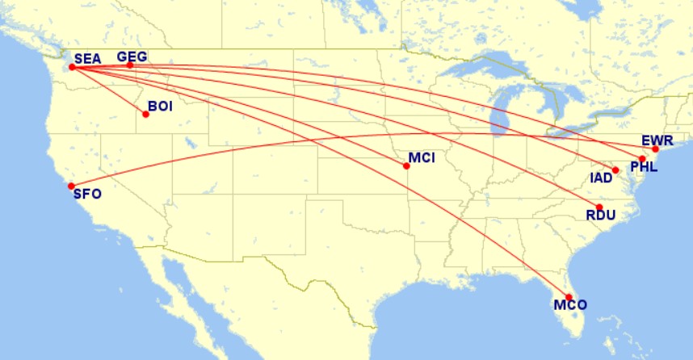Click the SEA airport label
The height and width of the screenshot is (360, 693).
click(x=87, y=58)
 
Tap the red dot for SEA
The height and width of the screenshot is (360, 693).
click(x=72, y=67)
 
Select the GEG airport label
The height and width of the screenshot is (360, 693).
click(x=132, y=57)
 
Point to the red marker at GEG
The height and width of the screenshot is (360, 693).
click(x=130, y=65)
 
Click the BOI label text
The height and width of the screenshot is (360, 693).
click(x=160, y=106)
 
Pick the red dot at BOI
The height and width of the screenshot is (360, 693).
click(x=146, y=114)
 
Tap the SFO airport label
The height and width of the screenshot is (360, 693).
click(x=87, y=194)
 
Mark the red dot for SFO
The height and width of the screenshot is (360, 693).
click(x=71, y=186)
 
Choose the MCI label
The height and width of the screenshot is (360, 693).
click(x=422, y=157)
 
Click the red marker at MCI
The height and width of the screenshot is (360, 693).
click(x=406, y=166)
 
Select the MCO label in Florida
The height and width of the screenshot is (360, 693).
click(x=570, y=305)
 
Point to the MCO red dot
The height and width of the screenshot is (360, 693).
click(x=569, y=297)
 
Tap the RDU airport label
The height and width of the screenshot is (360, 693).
click(x=601, y=215)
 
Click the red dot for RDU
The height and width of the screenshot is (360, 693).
click(x=599, y=207)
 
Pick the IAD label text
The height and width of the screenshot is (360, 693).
click(x=601, y=178)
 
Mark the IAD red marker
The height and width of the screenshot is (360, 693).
click(x=615, y=170)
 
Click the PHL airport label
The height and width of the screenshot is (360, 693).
click(x=645, y=168)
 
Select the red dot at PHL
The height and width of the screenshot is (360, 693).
click(x=642, y=159)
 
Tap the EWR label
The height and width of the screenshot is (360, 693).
click(x=657, y=140)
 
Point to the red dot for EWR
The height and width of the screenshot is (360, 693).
click(x=656, y=149)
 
